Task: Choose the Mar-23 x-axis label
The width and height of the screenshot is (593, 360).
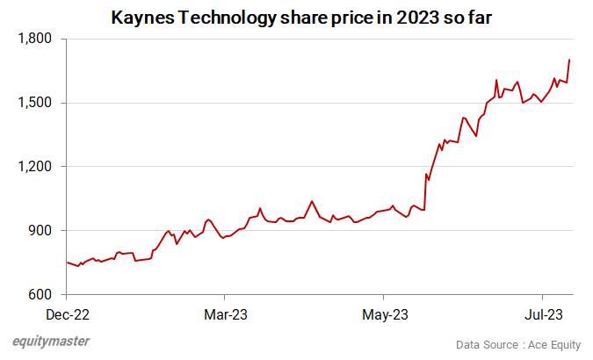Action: [225, 313]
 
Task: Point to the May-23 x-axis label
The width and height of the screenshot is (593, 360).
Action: [384, 313]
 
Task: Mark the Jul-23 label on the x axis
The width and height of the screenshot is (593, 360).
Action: [543, 313]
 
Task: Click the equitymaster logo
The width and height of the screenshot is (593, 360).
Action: [51, 342]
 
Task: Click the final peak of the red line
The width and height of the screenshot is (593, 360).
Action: [569, 60]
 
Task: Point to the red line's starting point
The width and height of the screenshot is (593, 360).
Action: [67, 262]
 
